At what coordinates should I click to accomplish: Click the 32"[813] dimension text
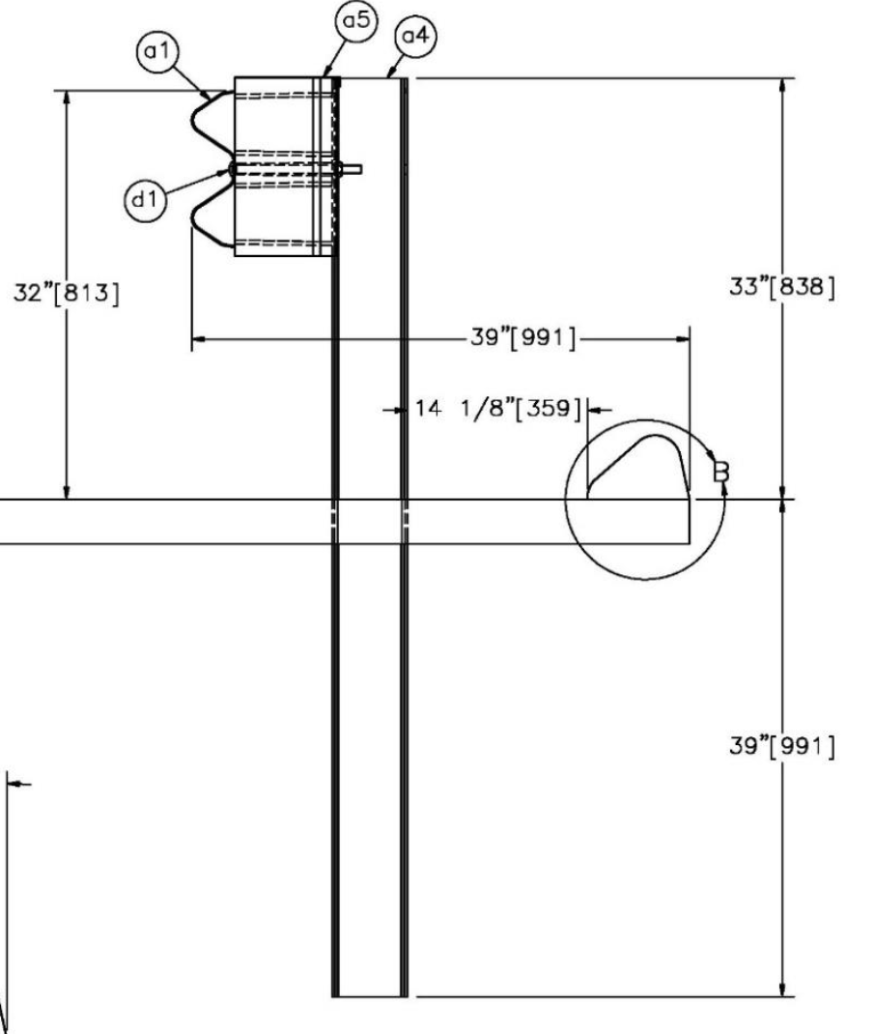pos(67,292)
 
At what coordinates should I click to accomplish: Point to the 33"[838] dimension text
pos(782,287)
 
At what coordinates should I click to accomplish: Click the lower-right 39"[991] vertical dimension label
pos(782,746)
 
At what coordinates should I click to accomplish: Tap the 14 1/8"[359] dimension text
pos(498,408)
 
